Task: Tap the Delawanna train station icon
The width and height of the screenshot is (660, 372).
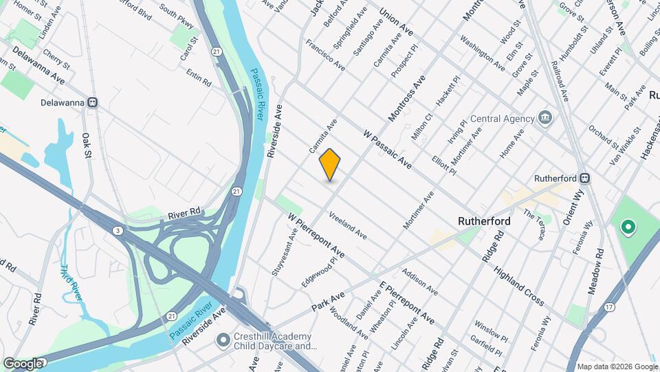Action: click(92, 103)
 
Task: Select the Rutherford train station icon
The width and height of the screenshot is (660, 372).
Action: click(584, 178)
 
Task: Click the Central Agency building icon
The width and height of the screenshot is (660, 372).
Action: click(545, 118)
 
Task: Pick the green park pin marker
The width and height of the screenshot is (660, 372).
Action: click(627, 226)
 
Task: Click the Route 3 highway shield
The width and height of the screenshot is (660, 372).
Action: click(118, 231)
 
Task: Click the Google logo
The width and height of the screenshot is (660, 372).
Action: click(22, 363)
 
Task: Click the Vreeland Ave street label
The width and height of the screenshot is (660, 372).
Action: click(347, 225)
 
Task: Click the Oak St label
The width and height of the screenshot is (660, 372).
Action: click(87, 145)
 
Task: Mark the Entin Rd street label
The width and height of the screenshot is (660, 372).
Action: click(198, 77)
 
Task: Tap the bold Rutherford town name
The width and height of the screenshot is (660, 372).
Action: click(485, 221)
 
